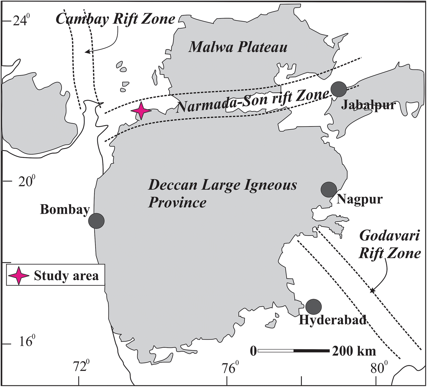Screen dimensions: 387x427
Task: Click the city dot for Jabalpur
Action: [x=339, y=89]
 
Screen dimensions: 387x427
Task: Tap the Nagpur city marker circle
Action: [x=329, y=189]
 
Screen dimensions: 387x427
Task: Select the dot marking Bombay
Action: [x=96, y=221]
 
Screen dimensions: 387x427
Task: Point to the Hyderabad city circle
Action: [x=313, y=307]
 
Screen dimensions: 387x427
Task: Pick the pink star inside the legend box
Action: [x=19, y=275]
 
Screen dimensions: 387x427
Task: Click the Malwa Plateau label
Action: [x=238, y=47]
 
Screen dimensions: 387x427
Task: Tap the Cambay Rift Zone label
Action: [x=116, y=19]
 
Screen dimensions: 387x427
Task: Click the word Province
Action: [x=177, y=202]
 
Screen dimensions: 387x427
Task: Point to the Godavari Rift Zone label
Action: [x=390, y=245]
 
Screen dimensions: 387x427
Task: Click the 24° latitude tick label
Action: [x=21, y=20]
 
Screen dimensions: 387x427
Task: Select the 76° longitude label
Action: [x=229, y=368]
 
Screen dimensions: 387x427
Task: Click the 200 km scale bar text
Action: [x=354, y=351]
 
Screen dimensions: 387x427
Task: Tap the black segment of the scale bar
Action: [x=311, y=351]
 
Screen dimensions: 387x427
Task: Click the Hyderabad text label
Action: [x=332, y=320]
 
